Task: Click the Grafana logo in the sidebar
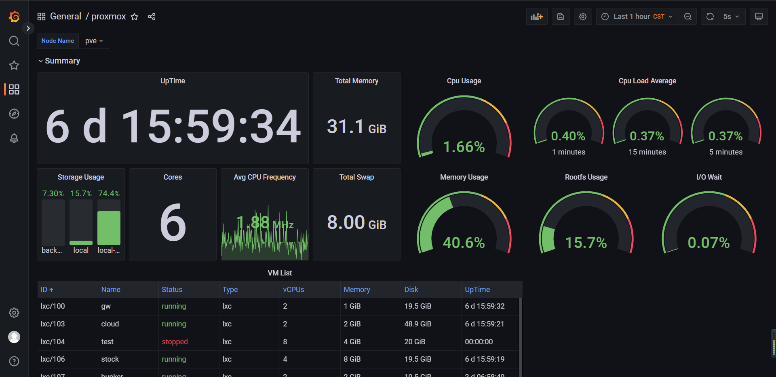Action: (14, 17)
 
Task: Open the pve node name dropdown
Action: (95, 41)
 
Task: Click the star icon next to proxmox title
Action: (135, 17)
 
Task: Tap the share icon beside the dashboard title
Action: (152, 17)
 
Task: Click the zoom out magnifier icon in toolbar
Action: (687, 17)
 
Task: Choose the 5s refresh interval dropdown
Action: (732, 17)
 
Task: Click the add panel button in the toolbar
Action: (536, 17)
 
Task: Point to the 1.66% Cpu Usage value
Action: (464, 147)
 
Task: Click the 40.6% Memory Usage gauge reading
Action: (464, 243)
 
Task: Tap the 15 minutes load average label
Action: (647, 152)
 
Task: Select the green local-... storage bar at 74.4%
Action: (109, 228)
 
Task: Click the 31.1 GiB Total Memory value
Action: (356, 127)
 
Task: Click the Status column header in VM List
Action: (172, 290)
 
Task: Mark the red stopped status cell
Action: (175, 342)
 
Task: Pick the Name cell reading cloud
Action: (110, 324)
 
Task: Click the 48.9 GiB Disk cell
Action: (418, 324)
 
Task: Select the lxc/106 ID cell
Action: (53, 359)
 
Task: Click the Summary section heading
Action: (62, 61)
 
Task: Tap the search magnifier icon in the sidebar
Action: (14, 41)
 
